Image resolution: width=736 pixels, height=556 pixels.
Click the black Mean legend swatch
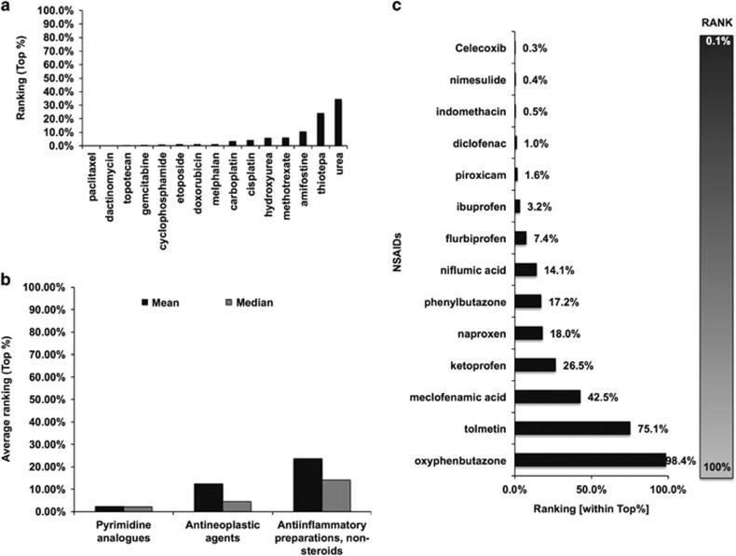point(144,302)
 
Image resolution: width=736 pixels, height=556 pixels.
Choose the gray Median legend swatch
point(227,302)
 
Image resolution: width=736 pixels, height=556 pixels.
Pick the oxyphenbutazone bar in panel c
point(590,460)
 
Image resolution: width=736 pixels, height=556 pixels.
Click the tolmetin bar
point(572,428)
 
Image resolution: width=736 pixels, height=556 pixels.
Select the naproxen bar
point(528,332)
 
